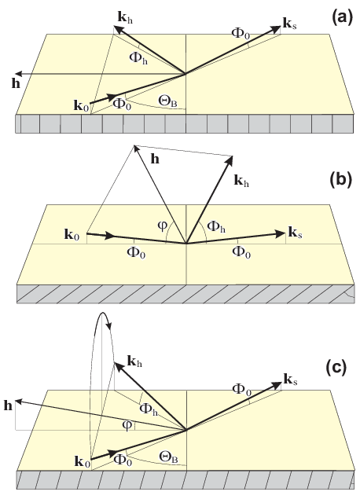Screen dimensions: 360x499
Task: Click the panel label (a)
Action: click(343, 18)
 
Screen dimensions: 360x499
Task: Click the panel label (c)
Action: click(336, 369)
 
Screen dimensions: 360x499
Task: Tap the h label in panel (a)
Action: click(16, 83)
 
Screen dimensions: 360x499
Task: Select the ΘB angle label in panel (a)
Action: click(167, 101)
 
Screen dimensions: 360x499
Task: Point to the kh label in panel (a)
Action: click(125, 18)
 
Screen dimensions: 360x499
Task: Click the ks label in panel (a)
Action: click(290, 24)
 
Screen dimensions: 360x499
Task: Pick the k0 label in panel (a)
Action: click(81, 105)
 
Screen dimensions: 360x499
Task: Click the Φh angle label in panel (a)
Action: click(138, 58)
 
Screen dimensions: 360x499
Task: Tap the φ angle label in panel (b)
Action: click(162, 226)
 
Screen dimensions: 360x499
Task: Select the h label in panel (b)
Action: click(155, 159)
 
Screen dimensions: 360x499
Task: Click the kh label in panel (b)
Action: click(241, 181)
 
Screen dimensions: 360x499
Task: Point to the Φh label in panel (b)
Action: click(216, 226)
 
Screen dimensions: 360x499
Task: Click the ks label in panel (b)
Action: click(295, 233)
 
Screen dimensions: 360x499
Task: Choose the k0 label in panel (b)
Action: click(72, 235)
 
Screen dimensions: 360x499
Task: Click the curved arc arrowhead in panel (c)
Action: click(109, 326)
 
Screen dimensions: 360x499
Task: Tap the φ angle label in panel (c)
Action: click(127, 425)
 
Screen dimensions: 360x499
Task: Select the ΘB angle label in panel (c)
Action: click(168, 457)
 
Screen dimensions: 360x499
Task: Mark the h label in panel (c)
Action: click(8, 405)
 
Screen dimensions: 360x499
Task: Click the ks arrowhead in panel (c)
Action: click(277, 386)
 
